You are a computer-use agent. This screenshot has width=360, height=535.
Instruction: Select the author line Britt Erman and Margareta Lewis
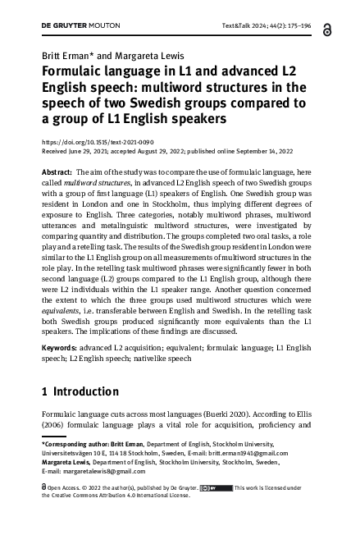click(x=94, y=57)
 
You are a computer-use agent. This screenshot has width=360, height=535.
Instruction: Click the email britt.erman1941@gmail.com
click(x=268, y=451)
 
